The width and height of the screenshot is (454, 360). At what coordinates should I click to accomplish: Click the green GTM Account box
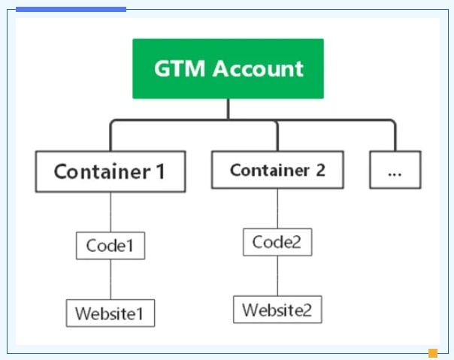(228, 68)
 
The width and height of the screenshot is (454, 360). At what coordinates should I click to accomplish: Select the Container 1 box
(110, 171)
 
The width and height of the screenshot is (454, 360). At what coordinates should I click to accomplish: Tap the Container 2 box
(277, 170)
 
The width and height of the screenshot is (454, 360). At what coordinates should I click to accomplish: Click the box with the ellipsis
(395, 170)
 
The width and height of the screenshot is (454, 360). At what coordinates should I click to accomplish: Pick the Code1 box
(110, 246)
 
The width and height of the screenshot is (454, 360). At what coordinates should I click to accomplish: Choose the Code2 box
(277, 242)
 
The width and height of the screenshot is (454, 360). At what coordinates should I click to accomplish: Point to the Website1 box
(110, 313)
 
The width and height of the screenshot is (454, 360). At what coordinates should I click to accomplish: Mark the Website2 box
(277, 309)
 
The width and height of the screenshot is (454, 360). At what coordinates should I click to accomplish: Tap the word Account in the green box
(258, 69)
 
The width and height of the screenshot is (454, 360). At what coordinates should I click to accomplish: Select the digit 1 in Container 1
(159, 171)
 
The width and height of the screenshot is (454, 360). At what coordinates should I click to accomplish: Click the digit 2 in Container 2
(319, 170)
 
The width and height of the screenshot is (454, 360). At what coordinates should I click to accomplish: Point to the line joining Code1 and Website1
(110, 280)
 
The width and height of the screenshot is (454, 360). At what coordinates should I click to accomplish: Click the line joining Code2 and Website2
(277, 276)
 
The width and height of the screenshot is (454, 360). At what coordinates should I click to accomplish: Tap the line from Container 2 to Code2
(277, 208)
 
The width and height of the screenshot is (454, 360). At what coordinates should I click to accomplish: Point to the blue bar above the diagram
(71, 9)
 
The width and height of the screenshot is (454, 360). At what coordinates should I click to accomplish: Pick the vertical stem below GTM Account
(229, 109)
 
